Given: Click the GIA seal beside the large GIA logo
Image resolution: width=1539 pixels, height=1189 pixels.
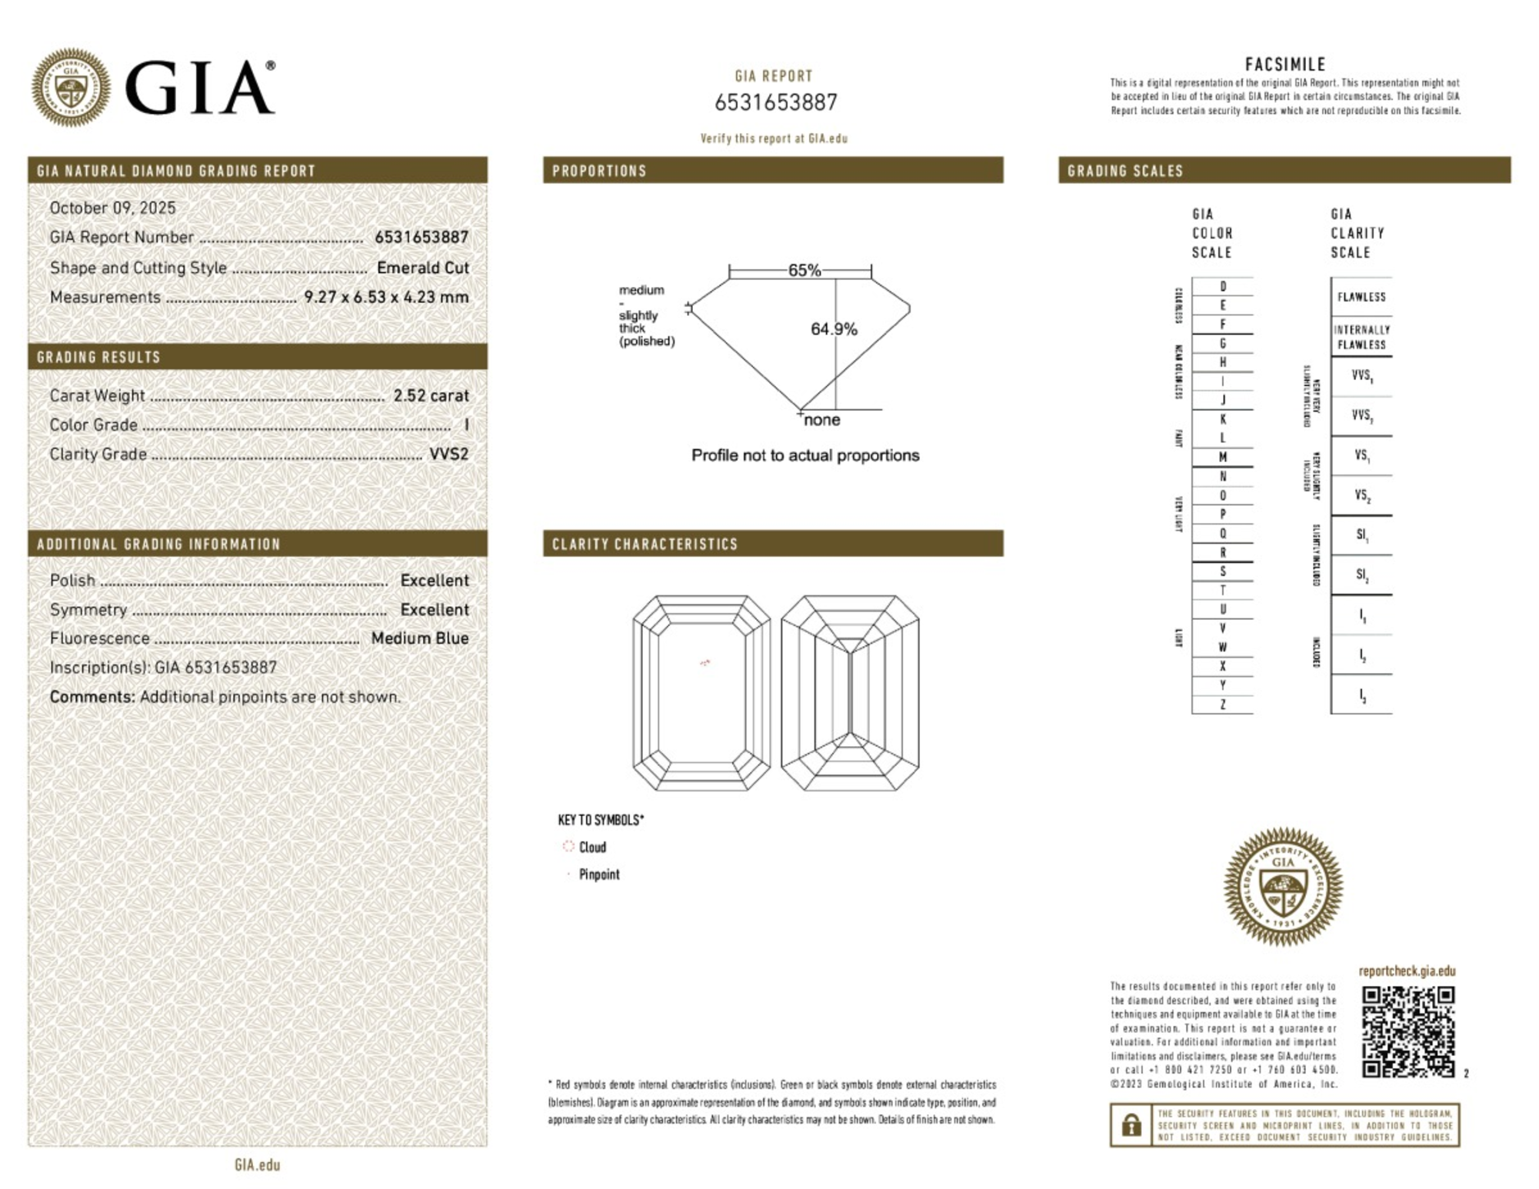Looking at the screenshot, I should (x=71, y=87).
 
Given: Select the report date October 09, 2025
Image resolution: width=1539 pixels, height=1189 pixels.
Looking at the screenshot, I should (x=112, y=208).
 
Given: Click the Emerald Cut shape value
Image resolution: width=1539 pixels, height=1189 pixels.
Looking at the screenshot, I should (x=422, y=268).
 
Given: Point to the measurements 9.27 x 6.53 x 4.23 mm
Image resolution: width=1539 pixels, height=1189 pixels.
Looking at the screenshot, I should (x=386, y=297).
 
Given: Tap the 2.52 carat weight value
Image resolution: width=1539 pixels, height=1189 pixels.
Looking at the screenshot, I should (x=431, y=395).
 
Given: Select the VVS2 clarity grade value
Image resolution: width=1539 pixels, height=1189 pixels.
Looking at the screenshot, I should (x=448, y=454).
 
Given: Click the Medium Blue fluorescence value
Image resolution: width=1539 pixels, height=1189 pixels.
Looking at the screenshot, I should (x=420, y=638).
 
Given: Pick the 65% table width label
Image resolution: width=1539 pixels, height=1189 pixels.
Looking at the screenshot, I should (x=804, y=270).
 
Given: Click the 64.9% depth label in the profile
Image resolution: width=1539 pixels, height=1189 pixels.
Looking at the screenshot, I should (x=834, y=329).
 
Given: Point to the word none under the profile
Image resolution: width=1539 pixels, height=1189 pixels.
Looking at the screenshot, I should (x=821, y=420).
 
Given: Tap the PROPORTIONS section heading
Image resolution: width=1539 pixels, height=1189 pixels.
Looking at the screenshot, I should (x=599, y=171).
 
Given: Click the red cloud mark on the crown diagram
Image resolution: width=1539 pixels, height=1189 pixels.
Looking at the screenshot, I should (x=705, y=662).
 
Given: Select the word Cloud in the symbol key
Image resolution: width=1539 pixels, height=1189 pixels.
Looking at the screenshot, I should (x=592, y=847).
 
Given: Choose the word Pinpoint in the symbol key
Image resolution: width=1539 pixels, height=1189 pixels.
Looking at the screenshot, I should (x=599, y=874).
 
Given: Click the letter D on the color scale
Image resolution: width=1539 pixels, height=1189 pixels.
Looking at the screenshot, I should (x=1222, y=286).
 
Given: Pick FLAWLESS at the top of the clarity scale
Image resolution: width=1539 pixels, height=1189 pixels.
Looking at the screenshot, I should (x=1361, y=297).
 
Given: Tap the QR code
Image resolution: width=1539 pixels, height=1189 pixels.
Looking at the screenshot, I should (x=1407, y=1031).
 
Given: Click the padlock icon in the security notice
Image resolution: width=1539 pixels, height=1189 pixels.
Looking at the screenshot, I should (x=1131, y=1125).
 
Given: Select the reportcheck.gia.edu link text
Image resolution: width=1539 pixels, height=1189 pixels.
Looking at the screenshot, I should (x=1407, y=971).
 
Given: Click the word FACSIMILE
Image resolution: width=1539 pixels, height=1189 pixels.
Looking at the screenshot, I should (x=1285, y=65).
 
